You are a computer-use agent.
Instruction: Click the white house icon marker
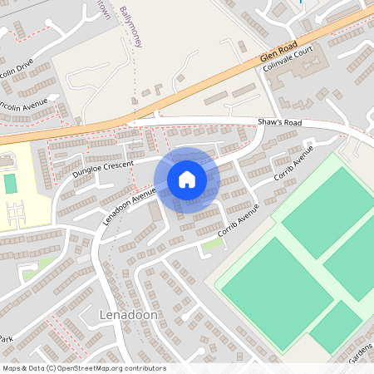[187, 180]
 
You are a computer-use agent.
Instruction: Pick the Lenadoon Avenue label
[130, 208]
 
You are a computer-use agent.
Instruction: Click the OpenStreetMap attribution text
[84, 368]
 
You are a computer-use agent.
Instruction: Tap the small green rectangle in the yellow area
[10, 183]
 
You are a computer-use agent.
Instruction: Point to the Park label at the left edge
[6, 340]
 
